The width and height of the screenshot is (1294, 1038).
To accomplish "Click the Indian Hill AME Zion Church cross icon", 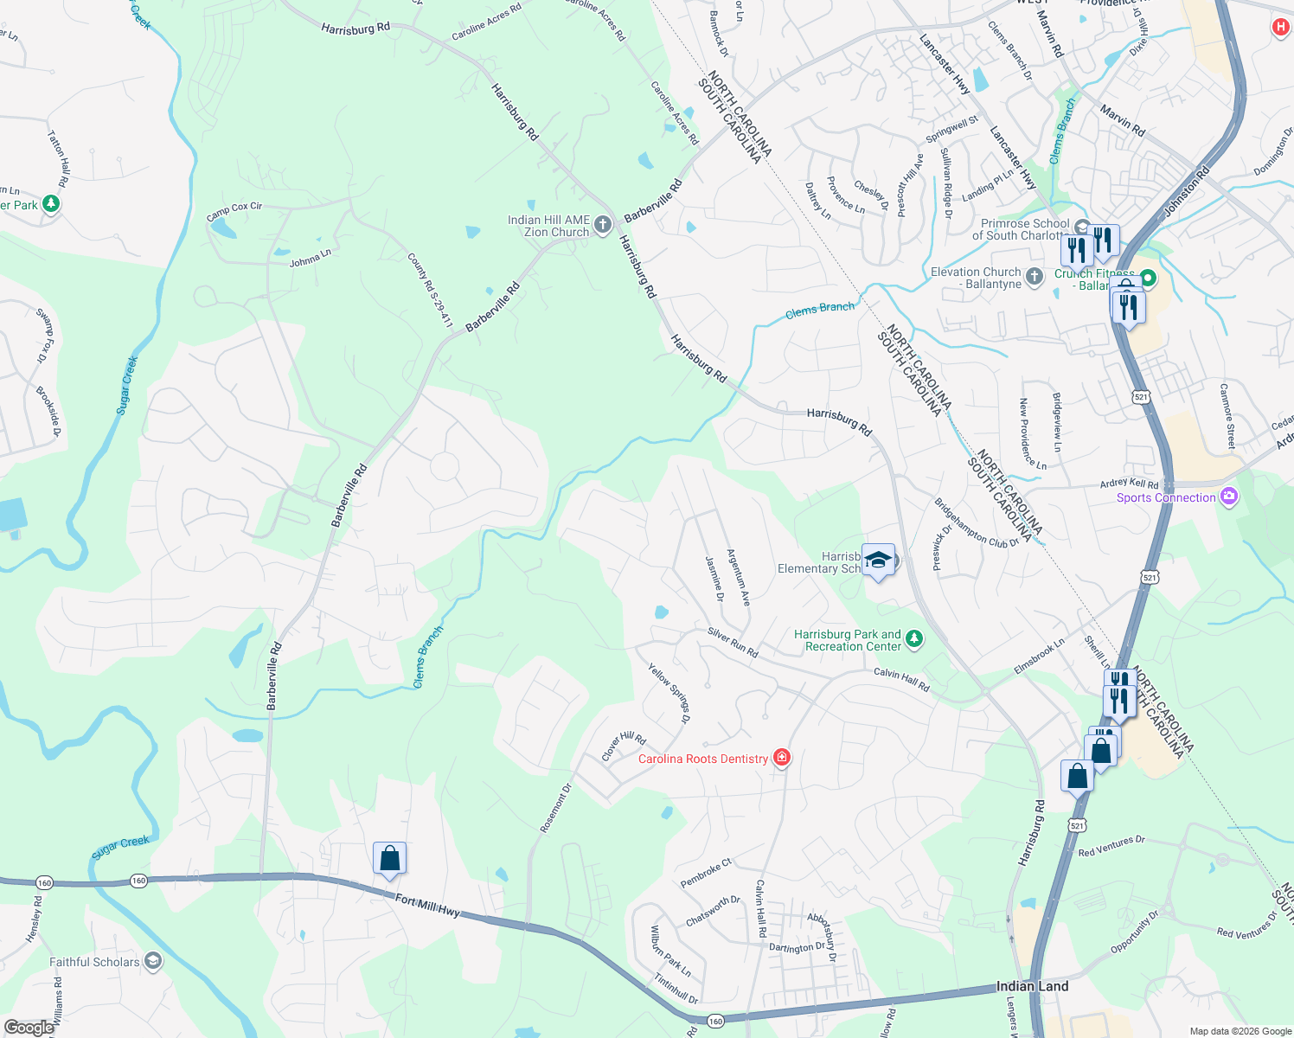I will click(603, 226).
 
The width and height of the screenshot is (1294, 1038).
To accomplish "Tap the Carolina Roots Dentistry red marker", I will click(782, 759).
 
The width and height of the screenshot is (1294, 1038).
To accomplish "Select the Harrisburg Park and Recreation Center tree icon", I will click(914, 640).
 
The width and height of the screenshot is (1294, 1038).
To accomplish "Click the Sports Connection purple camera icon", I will click(1229, 497).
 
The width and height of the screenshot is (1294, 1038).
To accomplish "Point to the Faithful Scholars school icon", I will click(153, 961).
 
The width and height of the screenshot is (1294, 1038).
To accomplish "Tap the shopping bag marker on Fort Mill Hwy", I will click(389, 859).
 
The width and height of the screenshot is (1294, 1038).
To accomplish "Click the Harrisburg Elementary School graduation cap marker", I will click(878, 561).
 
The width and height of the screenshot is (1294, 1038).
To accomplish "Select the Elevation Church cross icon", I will click(1034, 277).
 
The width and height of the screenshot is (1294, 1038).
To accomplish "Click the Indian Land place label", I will click(1032, 986).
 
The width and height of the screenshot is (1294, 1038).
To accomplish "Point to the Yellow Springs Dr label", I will click(669, 692).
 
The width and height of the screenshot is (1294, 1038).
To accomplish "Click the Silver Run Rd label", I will click(733, 643).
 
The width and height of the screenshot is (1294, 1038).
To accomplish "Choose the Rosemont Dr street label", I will click(556, 808).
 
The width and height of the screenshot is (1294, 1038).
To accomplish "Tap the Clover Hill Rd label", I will click(624, 746).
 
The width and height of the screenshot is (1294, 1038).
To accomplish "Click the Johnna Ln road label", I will click(310, 258).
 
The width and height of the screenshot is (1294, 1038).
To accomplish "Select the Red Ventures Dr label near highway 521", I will click(1111, 846).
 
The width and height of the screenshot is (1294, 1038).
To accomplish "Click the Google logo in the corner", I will click(29, 1028).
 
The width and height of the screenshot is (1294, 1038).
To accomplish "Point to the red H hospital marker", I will click(1281, 27).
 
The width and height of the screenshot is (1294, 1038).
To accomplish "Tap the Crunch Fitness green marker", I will click(1148, 279).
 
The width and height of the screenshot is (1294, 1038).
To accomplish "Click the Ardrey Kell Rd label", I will click(1129, 484).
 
